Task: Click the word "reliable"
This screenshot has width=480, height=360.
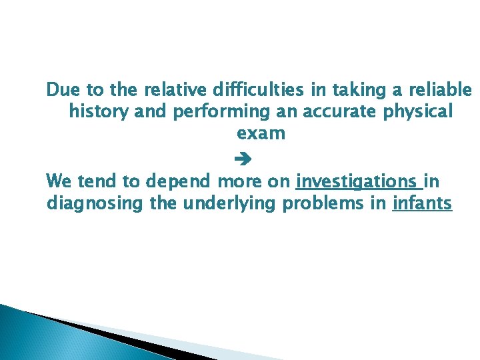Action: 439,89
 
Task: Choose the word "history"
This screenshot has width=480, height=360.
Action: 99,111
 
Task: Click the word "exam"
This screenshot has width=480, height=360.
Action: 261,133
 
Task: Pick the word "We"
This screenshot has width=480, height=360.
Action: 59,181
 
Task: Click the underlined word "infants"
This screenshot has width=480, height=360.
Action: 423,203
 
